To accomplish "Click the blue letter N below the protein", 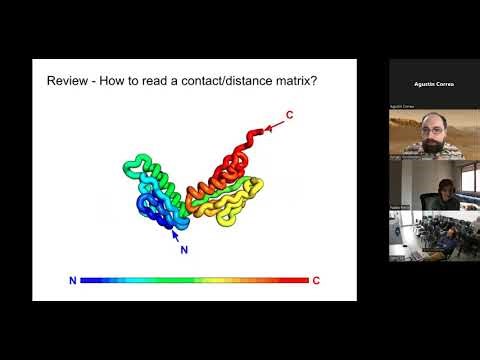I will point(183,249).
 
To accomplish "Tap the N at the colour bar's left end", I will point(72,281).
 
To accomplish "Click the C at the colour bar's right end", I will point(316,281).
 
